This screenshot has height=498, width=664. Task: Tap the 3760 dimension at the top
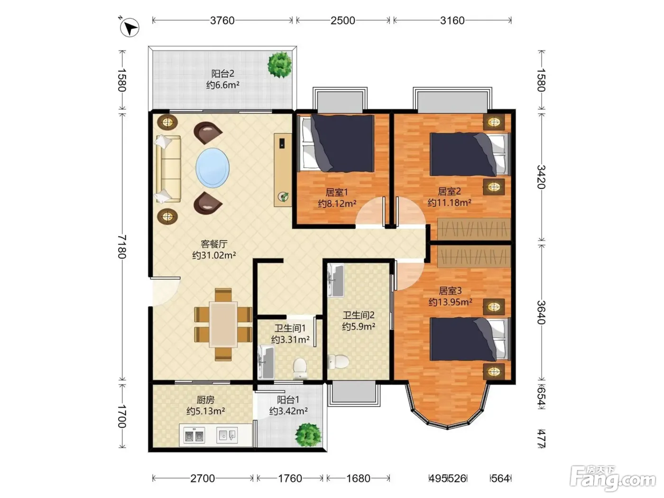[x=222, y=20]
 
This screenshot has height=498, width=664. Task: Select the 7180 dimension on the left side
[x=122, y=247]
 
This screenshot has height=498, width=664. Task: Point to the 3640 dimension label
[x=541, y=313]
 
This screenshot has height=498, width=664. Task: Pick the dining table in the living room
[x=223, y=324]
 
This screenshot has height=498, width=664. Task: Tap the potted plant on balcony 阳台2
[x=280, y=65]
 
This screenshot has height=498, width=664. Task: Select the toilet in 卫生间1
[x=300, y=369]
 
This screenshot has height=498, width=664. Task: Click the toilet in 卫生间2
[x=338, y=361]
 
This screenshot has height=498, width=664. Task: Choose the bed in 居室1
[x=337, y=143]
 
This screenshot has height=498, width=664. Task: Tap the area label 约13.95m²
[x=451, y=302]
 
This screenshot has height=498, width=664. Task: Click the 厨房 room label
[x=205, y=400]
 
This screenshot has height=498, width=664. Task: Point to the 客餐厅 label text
[x=214, y=244]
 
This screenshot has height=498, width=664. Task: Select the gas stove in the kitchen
[x=194, y=436]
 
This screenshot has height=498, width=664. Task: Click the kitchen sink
[x=227, y=435]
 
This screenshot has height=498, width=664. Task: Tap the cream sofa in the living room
[x=168, y=169]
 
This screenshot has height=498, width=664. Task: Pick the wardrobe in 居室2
[x=474, y=229]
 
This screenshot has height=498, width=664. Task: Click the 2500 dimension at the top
[x=343, y=20]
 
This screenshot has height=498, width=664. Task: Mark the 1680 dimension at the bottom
[x=358, y=478]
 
